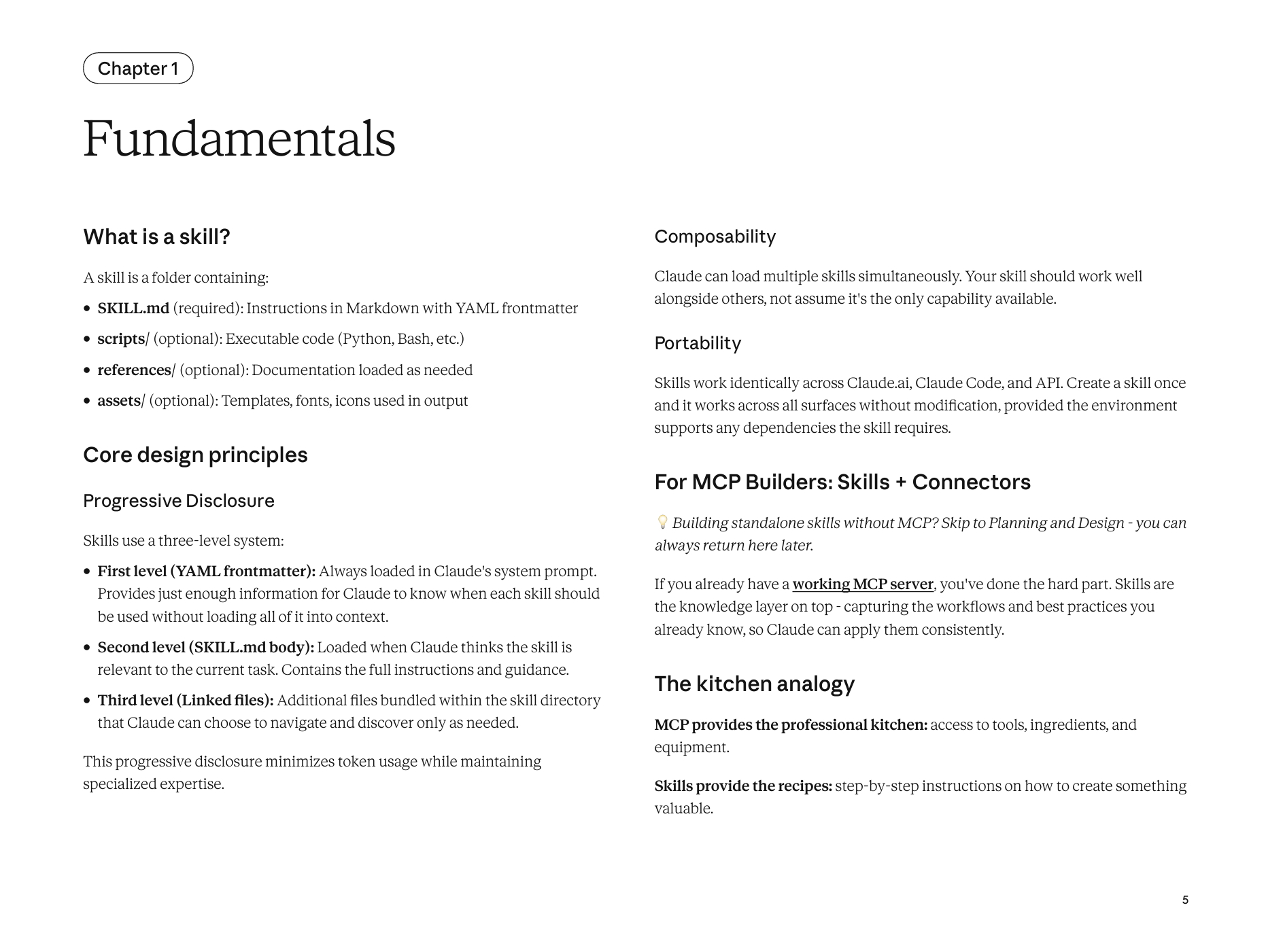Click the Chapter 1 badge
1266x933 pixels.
138,69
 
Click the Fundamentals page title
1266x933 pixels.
239,139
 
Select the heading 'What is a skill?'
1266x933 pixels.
156,237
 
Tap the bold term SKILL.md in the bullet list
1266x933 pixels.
133,309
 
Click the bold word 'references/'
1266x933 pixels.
136,370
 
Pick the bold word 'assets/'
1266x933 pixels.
121,401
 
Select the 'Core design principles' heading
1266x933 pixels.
195,455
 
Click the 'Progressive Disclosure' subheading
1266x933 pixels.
179,501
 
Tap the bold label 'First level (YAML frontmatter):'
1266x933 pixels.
207,571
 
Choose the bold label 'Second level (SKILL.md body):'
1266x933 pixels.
206,648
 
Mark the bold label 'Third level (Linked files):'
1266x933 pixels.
186,701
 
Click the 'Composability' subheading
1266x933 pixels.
715,237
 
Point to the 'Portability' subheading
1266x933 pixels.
698,344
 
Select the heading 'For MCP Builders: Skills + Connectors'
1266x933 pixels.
842,482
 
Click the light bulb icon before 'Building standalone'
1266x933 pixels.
662,523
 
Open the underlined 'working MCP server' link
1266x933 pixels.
863,584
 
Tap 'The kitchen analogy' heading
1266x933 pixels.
754,684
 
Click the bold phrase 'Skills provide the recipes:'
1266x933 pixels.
743,786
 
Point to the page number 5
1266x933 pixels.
1185,900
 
